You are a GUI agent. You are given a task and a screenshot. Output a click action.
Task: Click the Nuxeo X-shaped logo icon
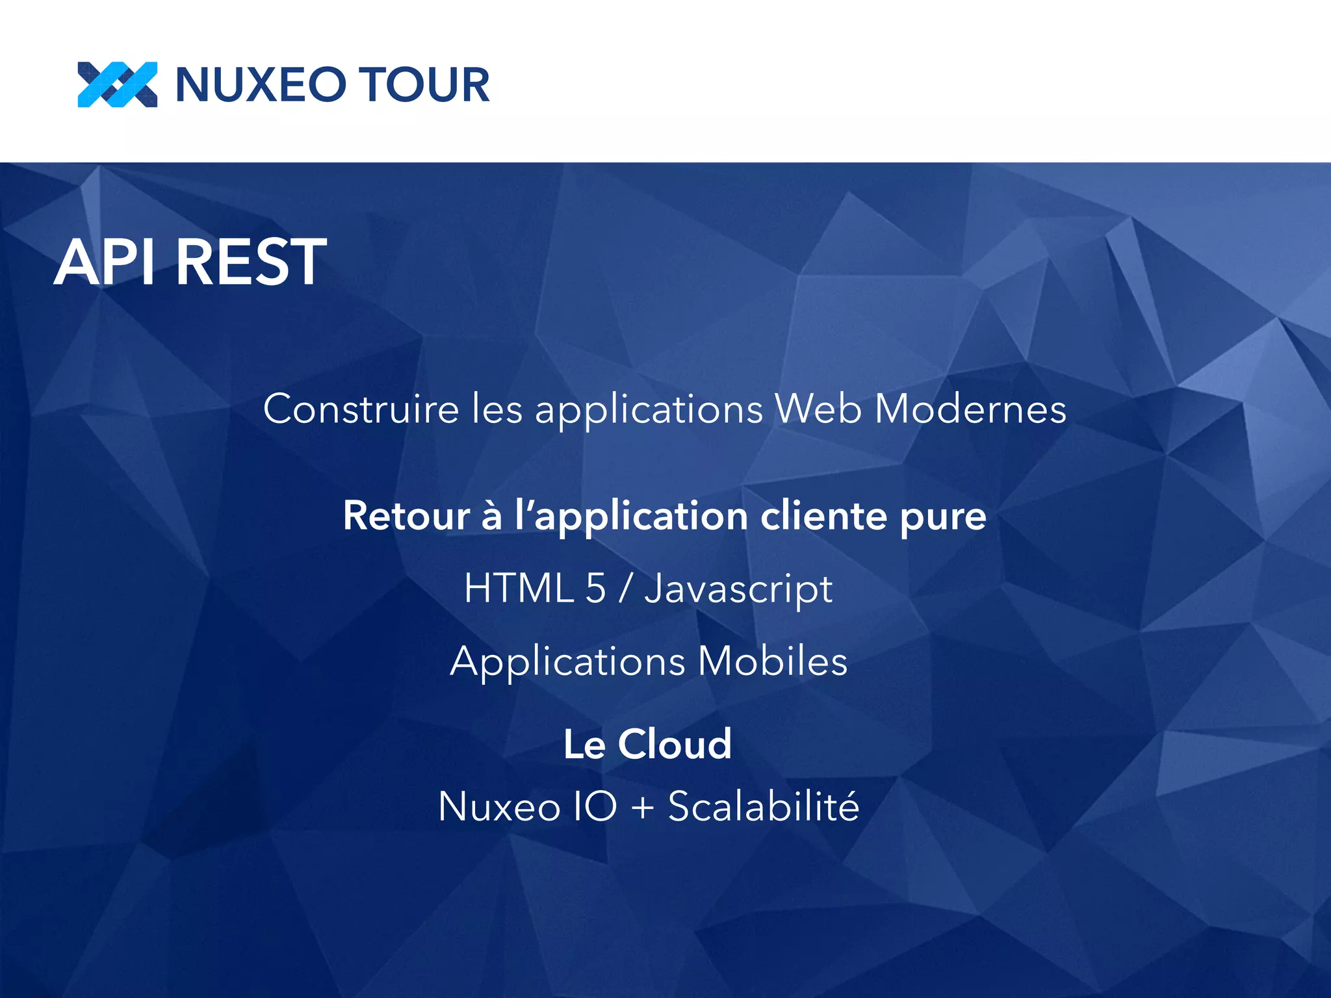(x=117, y=84)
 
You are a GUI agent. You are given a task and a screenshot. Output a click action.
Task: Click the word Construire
(x=361, y=409)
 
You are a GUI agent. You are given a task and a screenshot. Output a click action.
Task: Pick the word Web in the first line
(x=818, y=409)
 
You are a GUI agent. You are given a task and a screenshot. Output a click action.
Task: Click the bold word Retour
(x=406, y=516)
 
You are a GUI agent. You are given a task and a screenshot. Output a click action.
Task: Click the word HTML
(x=519, y=589)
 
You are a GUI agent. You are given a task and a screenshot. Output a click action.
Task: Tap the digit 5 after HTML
(x=595, y=589)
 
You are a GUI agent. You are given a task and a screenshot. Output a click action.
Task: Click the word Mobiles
(x=773, y=661)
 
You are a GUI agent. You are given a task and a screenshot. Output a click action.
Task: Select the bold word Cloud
(x=675, y=744)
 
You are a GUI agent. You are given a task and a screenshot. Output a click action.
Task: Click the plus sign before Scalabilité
(x=643, y=808)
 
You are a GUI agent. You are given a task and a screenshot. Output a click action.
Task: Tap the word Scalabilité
(x=764, y=806)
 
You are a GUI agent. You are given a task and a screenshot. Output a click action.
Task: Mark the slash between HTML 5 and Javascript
(x=625, y=589)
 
